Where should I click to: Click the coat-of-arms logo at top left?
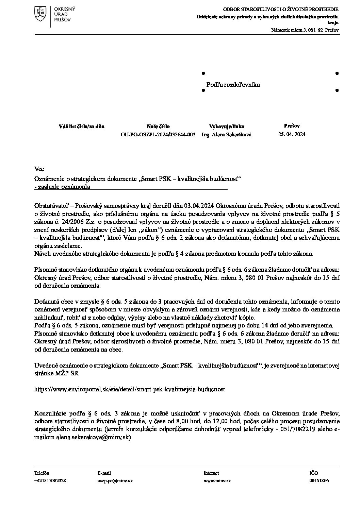click(x=40, y=13)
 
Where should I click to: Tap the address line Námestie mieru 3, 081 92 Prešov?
click(x=305, y=30)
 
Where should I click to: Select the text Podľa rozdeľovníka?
click(x=233, y=85)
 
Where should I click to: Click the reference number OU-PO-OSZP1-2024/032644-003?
click(x=158, y=134)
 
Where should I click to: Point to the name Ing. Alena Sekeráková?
click(x=227, y=134)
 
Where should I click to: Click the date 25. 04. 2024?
click(x=292, y=134)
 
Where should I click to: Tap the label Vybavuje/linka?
click(x=227, y=126)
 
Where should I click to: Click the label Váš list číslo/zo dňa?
click(x=82, y=126)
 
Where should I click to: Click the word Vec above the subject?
click(x=39, y=169)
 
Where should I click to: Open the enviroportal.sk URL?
click(x=130, y=388)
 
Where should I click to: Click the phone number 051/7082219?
click(x=298, y=429)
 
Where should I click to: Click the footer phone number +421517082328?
click(x=50, y=480)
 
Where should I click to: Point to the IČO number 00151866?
click(x=319, y=480)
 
